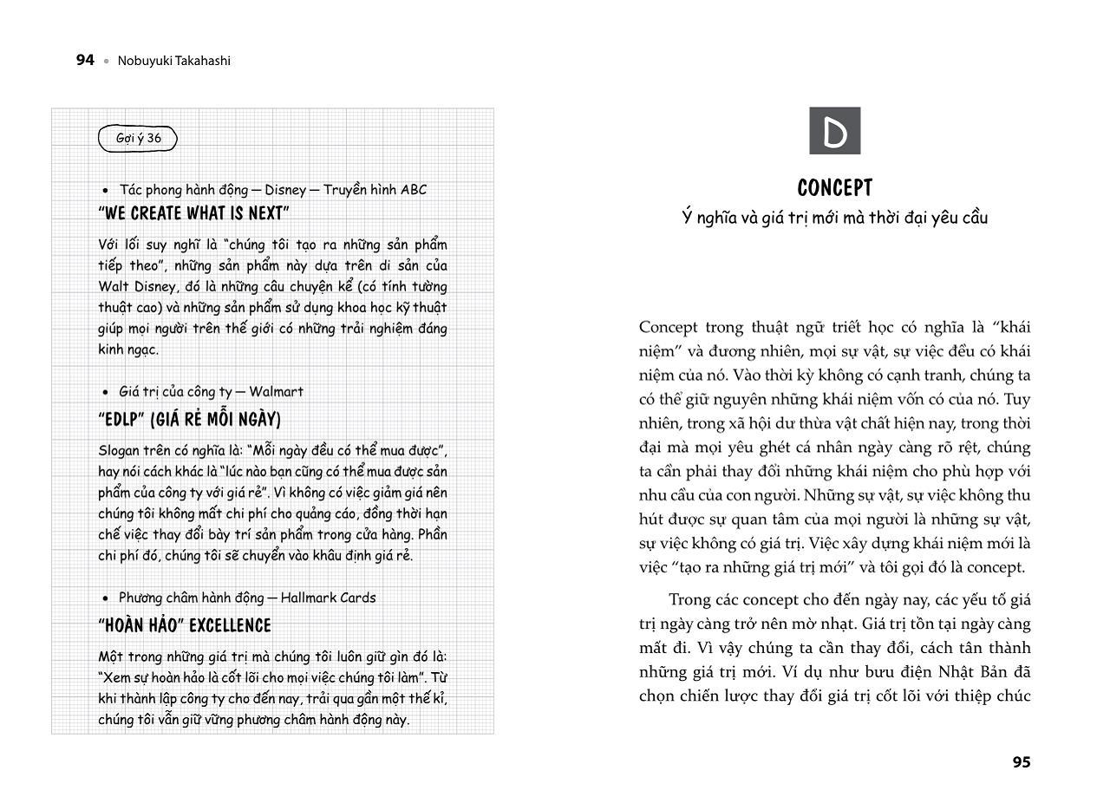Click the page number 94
coord(85,61)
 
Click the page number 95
coord(1021,762)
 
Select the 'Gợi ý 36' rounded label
coord(138,139)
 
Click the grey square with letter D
coord(834,131)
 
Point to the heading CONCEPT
coord(834,188)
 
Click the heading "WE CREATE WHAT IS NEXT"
coord(194,213)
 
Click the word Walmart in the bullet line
coord(276,392)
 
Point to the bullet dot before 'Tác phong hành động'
coord(106,191)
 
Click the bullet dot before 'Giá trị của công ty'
coord(106,393)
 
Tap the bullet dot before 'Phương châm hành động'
coord(106,598)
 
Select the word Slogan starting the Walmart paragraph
coord(118,451)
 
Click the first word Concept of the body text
coord(668,327)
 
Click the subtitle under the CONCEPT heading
coord(834,218)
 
